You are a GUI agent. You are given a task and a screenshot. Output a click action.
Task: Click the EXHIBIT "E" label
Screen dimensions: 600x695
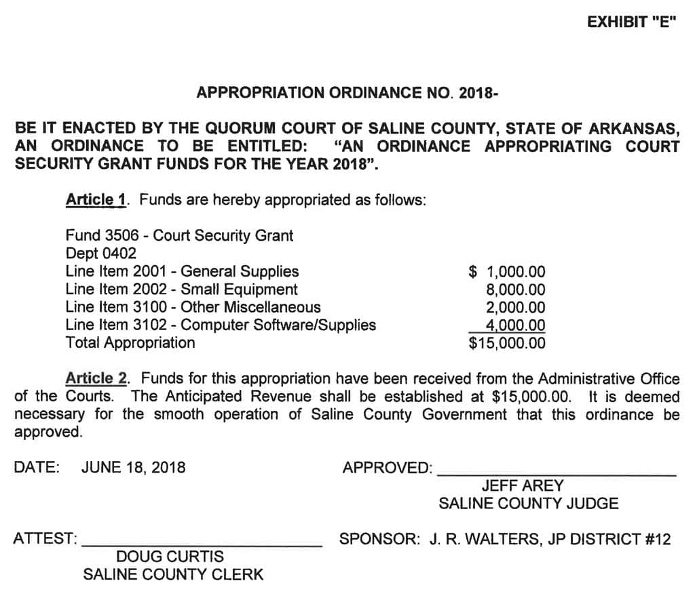[x=631, y=22]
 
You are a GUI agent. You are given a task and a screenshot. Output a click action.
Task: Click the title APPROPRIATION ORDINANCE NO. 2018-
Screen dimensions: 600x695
[x=347, y=93]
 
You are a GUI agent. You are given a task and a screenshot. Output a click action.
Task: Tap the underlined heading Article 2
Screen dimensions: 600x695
[x=96, y=378]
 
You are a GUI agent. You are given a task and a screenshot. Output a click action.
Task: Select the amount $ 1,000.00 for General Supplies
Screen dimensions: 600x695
[x=507, y=272]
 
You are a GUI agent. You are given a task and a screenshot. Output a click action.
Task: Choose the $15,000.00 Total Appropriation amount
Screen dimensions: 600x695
[x=507, y=343]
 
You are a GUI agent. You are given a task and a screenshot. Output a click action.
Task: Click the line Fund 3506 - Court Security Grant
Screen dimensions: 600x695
[x=179, y=236]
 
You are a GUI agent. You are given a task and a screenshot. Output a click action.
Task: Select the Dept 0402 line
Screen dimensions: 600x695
[x=101, y=254]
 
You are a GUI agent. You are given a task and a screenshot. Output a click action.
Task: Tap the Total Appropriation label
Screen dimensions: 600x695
[x=130, y=342]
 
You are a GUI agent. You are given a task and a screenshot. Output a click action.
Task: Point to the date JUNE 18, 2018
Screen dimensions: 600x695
[x=133, y=467]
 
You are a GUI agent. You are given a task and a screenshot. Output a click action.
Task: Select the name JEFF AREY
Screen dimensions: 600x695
[x=522, y=486]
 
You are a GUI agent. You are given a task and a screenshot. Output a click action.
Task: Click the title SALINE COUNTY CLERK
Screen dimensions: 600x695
[x=173, y=575]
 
